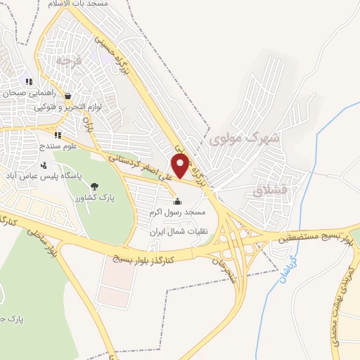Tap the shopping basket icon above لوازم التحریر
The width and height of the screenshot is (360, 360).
click(67, 96)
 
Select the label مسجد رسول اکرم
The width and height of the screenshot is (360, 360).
click(177, 212)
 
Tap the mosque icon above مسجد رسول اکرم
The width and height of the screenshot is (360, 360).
click(176, 201)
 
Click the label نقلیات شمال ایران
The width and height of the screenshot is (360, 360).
click(170, 231)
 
